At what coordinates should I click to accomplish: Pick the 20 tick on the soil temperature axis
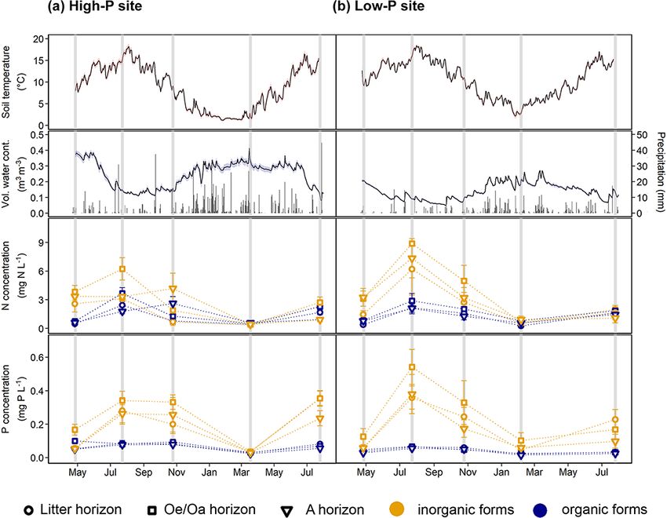[37, 38]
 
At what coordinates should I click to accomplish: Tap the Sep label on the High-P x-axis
[142, 473]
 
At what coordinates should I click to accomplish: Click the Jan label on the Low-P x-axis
[499, 473]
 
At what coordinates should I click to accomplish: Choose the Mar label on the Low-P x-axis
[535, 473]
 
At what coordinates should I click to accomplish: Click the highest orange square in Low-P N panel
[411, 243]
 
